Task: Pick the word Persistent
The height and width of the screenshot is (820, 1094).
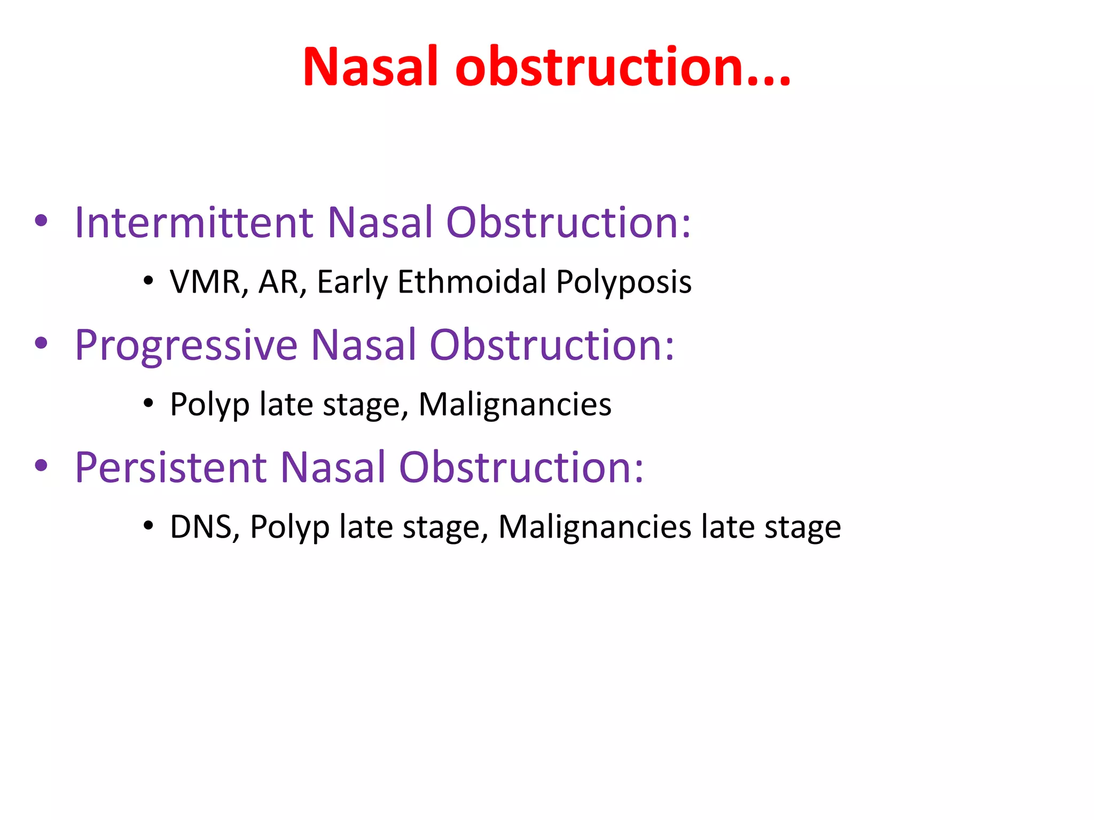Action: tap(171, 468)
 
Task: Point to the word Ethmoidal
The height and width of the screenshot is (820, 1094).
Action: tap(472, 282)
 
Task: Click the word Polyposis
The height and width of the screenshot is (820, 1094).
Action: tap(623, 282)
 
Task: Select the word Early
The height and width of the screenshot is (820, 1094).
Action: tap(352, 282)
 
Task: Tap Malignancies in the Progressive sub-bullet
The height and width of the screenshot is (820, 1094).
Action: tap(515, 404)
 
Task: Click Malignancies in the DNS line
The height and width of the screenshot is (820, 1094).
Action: tap(595, 527)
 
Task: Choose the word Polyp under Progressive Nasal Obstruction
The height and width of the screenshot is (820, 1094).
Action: tap(209, 404)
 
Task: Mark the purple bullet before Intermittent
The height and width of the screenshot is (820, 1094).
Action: tap(41, 220)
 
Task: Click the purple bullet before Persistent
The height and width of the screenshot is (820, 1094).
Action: tap(41, 466)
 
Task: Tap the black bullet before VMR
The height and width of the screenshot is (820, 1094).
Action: tap(148, 281)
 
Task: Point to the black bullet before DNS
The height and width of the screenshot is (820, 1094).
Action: tap(148, 526)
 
